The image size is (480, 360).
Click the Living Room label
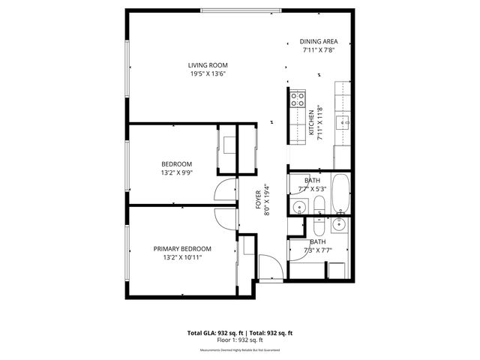[208, 65]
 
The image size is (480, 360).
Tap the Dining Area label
[319, 42]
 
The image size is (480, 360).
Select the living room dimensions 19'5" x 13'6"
[208, 74]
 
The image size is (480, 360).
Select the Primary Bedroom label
[182, 249]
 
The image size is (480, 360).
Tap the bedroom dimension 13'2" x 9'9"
[177, 172]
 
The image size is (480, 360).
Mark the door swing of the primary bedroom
[225, 218]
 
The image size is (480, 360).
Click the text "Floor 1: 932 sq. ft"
[240, 340]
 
